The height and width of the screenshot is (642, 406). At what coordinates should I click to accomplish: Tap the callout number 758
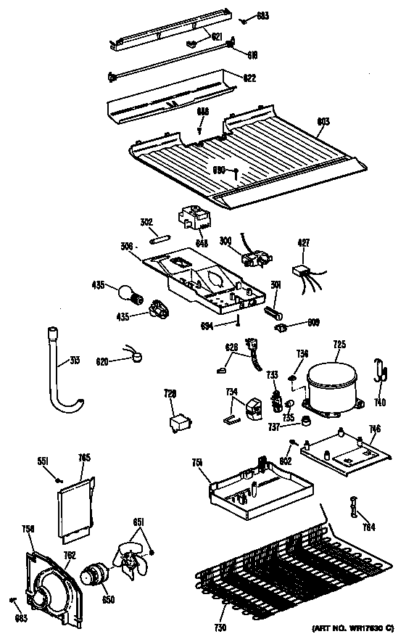[28, 529]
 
